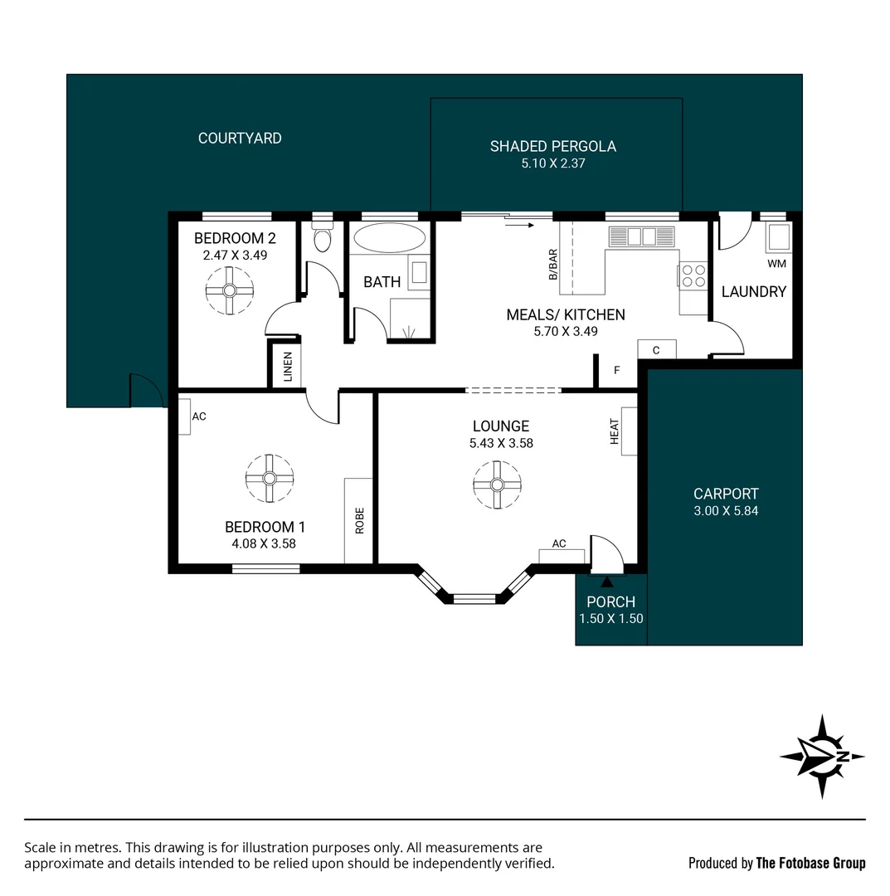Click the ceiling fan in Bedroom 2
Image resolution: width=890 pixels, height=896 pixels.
(228, 290)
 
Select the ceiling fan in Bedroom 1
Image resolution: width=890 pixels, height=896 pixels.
(270, 478)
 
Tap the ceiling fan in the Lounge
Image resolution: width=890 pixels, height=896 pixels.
(497, 485)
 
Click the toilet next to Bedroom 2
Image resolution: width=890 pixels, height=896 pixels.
(322, 239)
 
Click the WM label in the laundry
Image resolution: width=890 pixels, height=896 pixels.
(776, 264)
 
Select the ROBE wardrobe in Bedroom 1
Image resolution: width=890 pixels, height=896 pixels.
(359, 521)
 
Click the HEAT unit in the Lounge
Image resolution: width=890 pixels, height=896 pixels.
(629, 431)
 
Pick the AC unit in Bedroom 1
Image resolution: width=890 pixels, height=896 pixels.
(184, 416)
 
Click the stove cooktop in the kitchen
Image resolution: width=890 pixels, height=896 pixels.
(693, 275)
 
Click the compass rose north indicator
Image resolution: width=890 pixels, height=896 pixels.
(822, 756)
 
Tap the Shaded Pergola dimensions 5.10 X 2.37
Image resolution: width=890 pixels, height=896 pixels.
(552, 164)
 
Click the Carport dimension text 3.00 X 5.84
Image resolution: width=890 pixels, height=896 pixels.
(726, 511)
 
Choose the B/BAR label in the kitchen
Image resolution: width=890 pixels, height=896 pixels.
(553, 265)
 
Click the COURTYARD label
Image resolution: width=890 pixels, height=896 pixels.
(240, 139)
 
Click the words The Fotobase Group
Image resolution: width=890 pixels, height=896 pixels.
(810, 863)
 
